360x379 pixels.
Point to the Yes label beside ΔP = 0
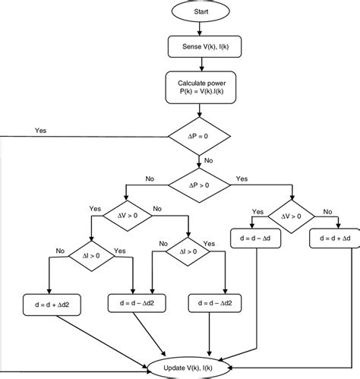(x=40, y=131)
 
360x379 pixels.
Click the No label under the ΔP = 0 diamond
(x=209, y=161)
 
